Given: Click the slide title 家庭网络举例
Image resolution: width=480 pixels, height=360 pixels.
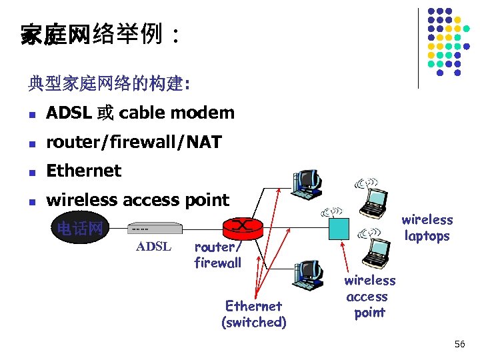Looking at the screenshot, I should point(99,34).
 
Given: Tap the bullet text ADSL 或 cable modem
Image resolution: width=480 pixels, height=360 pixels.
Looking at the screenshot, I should point(140,113).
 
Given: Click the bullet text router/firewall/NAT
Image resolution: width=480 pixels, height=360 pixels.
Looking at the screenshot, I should point(133,141).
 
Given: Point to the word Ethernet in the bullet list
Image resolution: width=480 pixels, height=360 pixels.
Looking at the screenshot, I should point(83,171).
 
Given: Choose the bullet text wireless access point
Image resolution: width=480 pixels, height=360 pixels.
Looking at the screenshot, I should point(137,200).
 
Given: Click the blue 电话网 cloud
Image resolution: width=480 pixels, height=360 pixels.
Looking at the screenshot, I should point(79,229).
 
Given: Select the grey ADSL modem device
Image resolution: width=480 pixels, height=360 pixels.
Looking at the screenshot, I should point(155,229).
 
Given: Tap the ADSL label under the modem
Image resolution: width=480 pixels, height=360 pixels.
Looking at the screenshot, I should point(154,247).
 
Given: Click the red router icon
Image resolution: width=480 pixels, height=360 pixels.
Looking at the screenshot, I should point(241,228).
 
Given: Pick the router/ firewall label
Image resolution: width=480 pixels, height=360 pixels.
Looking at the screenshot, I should point(217,255).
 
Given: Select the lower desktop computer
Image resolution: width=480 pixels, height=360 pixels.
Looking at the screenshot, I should point(307,275).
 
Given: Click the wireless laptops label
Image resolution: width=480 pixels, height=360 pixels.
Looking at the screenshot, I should point(427,228).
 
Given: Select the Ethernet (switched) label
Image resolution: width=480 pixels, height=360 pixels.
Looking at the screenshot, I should point(254,314).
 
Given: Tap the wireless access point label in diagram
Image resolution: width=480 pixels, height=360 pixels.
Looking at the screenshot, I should point(369,296).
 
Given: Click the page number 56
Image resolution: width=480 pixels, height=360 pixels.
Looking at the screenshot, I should point(459,344).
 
